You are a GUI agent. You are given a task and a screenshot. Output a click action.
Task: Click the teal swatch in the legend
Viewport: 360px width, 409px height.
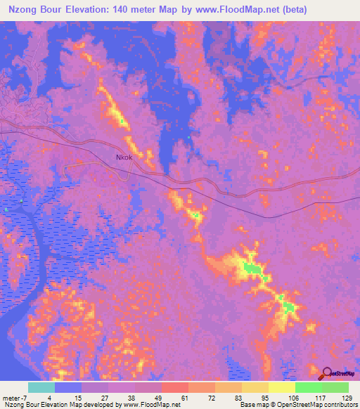coord(41,387)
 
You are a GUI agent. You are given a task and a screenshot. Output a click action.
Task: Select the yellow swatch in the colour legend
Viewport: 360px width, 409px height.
coord(281,387)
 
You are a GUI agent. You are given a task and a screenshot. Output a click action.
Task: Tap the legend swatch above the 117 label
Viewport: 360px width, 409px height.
coord(308,387)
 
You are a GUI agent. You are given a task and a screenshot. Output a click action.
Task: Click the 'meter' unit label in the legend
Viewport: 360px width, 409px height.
coord(11,398)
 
